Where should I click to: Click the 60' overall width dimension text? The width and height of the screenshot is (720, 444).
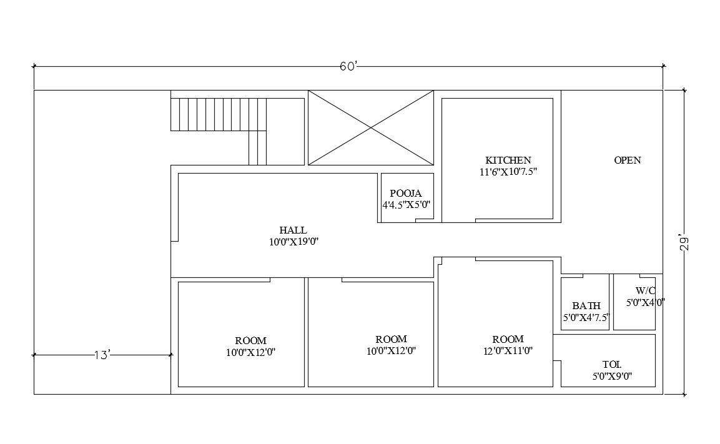pyautogui.click(x=348, y=66)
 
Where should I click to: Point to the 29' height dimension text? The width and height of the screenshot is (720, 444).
pyautogui.click(x=684, y=243)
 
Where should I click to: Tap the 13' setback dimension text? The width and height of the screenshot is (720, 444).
pyautogui.click(x=102, y=355)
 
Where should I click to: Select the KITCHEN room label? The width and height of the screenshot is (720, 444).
pyautogui.click(x=508, y=160)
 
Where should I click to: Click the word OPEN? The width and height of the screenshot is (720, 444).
pyautogui.click(x=627, y=160)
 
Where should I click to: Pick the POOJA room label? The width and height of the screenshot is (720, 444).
pyautogui.click(x=406, y=194)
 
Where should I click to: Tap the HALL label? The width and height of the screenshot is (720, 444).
pyautogui.click(x=293, y=230)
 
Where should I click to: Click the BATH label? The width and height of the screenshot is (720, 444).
pyautogui.click(x=586, y=306)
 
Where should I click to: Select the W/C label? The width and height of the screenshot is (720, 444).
pyautogui.click(x=645, y=290)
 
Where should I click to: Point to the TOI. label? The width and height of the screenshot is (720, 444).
pyautogui.click(x=611, y=365)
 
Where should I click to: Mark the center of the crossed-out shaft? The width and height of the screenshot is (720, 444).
pyautogui.click(x=371, y=128)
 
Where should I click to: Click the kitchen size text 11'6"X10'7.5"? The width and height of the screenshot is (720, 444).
pyautogui.click(x=504, y=172)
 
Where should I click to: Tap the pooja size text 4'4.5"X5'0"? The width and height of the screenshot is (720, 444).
pyautogui.click(x=407, y=205)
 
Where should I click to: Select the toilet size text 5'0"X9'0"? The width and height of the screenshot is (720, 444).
pyautogui.click(x=612, y=377)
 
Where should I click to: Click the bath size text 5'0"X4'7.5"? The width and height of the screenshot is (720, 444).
pyautogui.click(x=586, y=317)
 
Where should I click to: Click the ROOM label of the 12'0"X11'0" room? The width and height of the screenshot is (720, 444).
pyautogui.click(x=508, y=339)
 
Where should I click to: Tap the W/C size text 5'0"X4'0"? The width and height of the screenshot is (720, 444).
pyautogui.click(x=645, y=302)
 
